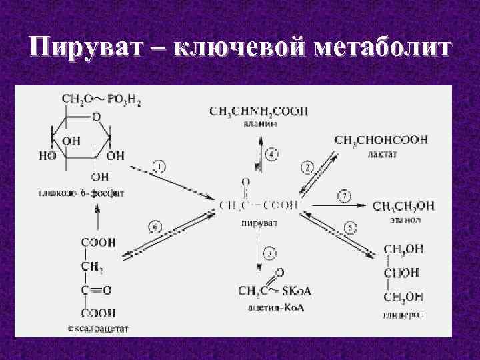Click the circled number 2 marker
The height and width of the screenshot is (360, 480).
coord(307,166)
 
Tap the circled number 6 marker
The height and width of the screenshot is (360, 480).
coord(154,227)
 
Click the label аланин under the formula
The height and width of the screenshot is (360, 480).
coord(258,125)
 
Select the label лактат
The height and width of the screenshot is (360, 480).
coord(382,154)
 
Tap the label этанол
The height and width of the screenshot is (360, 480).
coord(406,219)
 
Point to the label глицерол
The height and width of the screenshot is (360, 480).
coord(402,313)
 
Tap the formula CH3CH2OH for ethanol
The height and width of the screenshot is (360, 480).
coord(403,206)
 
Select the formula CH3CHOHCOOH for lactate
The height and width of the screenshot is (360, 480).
coord(381,140)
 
